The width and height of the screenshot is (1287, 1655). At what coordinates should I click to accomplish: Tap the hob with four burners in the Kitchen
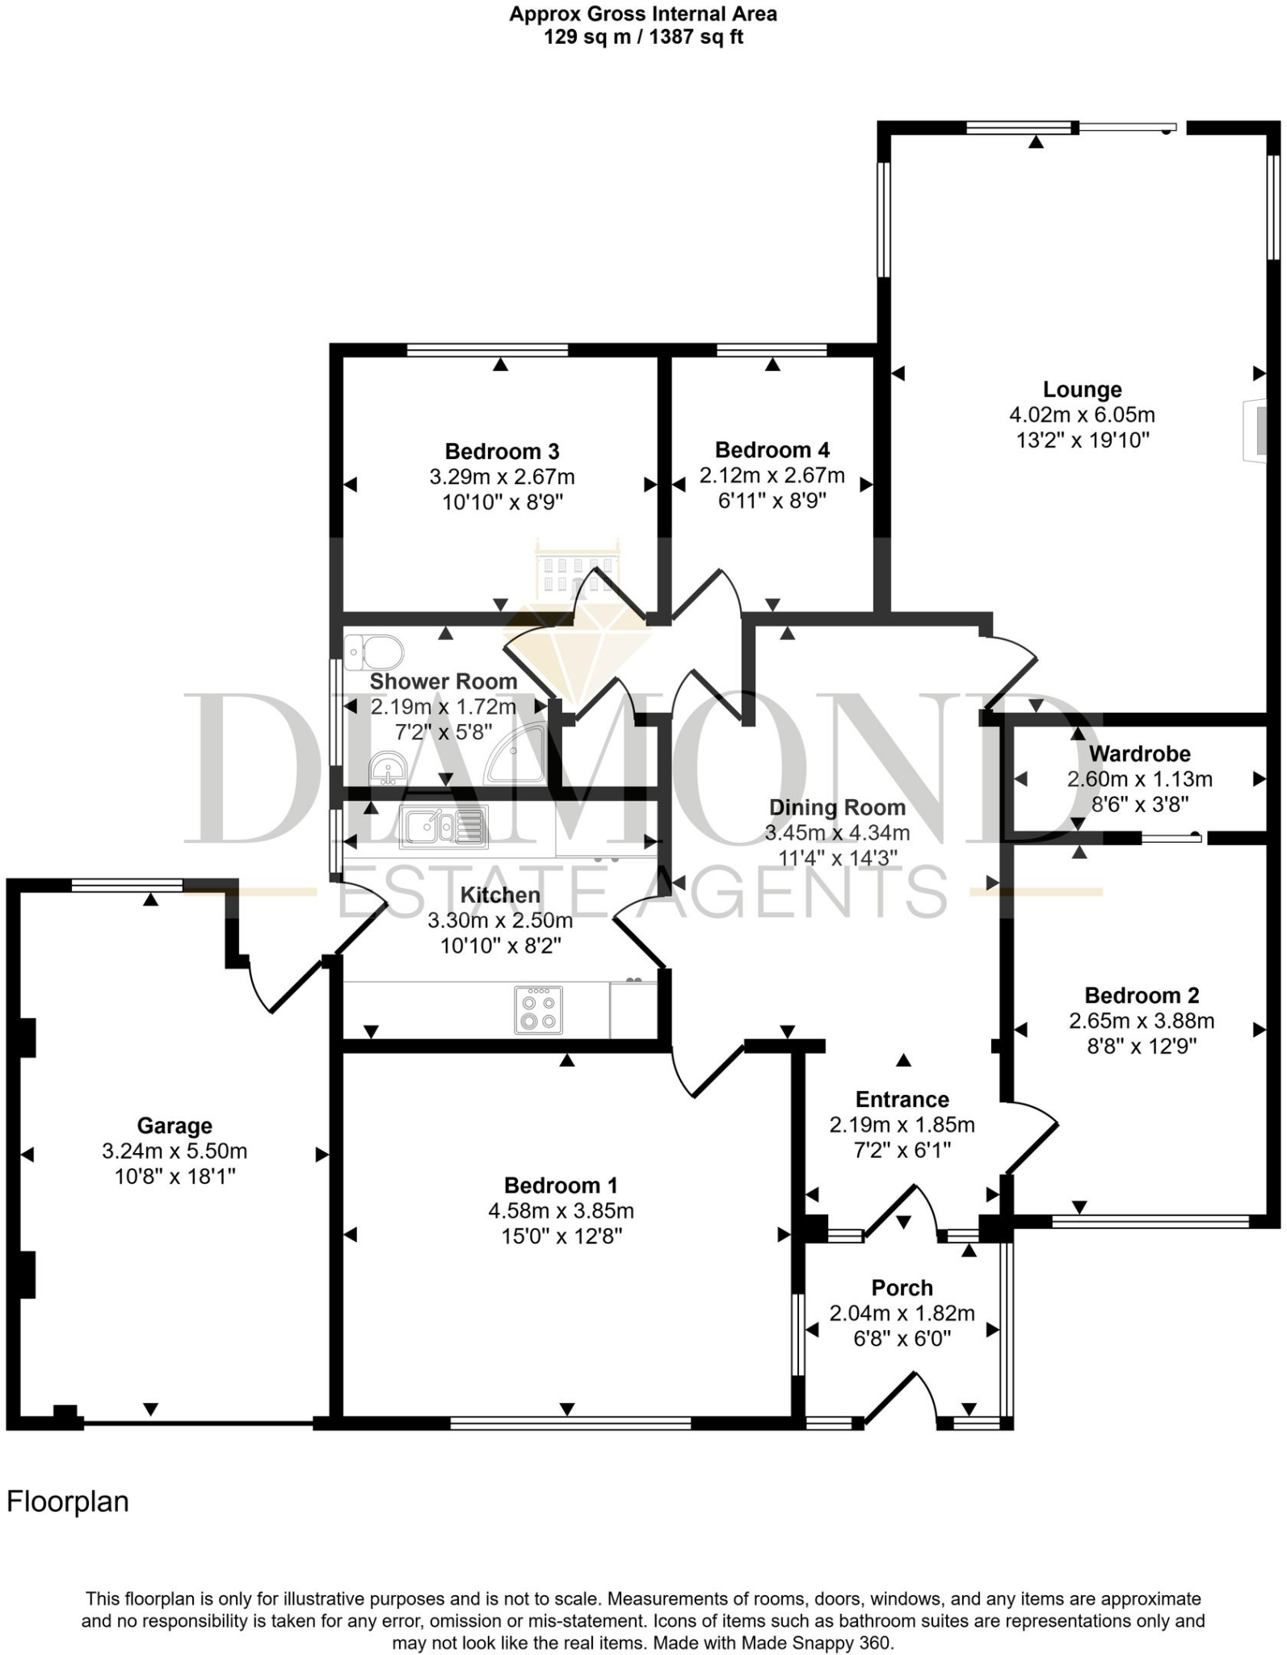(x=539, y=1009)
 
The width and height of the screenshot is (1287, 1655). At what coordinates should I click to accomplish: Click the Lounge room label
(x=1082, y=390)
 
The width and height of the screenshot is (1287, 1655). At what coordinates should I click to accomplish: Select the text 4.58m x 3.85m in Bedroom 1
(x=561, y=1211)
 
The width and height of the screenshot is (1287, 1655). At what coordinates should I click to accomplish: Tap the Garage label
(x=175, y=1125)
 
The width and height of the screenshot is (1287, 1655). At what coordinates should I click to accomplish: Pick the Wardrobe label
(x=1139, y=754)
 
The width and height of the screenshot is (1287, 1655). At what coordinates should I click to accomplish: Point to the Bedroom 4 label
(x=772, y=450)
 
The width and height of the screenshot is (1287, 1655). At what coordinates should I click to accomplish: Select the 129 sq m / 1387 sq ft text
(x=643, y=37)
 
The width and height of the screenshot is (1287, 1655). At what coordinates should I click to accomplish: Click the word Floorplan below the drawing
(x=68, y=1501)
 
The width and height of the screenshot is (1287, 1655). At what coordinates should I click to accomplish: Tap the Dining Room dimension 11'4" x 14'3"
(x=837, y=857)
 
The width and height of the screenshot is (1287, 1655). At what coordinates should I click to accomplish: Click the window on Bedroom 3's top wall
(x=487, y=350)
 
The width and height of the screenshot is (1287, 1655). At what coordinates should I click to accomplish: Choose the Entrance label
(x=902, y=1099)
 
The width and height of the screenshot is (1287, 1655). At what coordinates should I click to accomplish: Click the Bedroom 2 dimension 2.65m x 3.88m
(x=1142, y=1021)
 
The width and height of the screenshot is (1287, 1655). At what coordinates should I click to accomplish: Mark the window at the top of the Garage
(x=127, y=886)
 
